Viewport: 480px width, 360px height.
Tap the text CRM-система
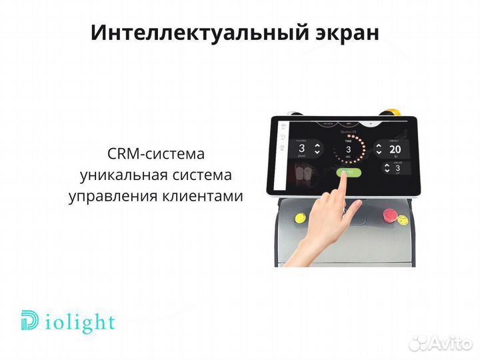[x=155, y=154]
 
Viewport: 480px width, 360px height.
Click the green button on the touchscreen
[x=348, y=172]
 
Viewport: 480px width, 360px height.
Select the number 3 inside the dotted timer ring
[x=347, y=149]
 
